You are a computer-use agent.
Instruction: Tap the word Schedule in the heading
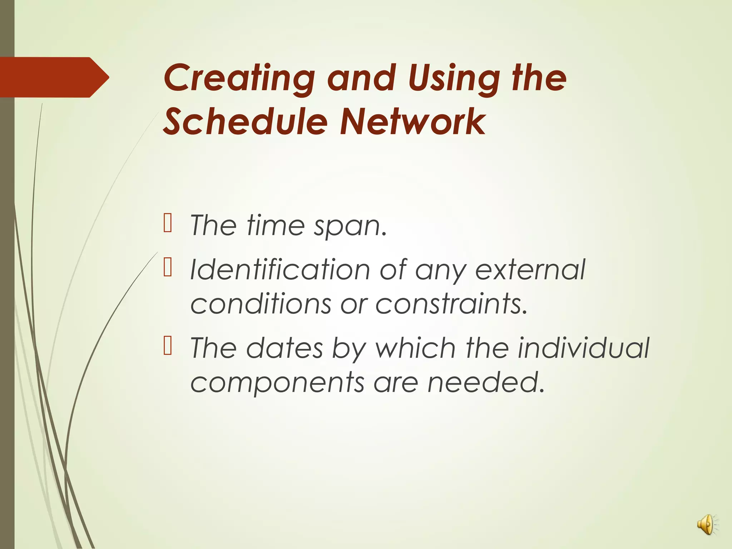click(245, 122)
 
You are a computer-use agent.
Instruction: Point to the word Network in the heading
click(412, 122)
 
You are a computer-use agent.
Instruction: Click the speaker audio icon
click(706, 525)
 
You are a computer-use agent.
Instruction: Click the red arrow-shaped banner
click(54, 77)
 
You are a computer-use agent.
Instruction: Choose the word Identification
click(280, 269)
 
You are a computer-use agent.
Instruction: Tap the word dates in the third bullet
click(285, 348)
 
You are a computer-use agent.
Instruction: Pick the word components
click(277, 382)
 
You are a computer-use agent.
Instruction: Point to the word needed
click(486, 382)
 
